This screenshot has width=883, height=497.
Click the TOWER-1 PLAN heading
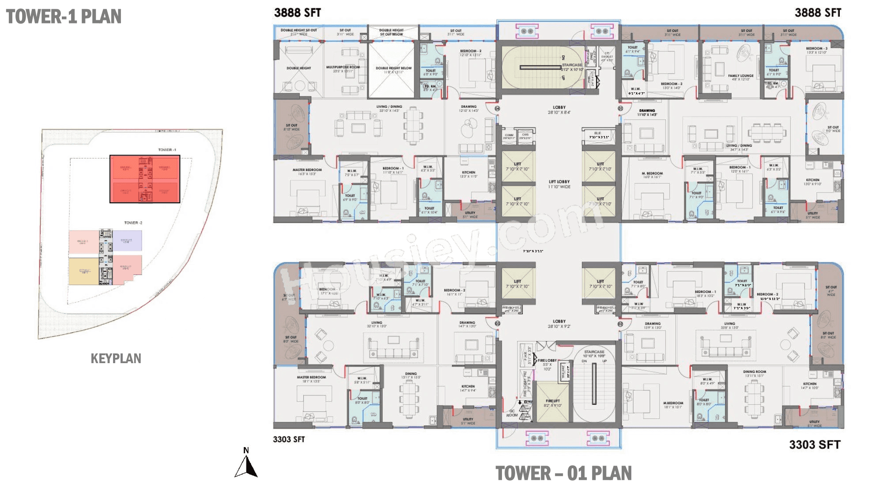pyautogui.click(x=64, y=16)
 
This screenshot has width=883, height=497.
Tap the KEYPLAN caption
pyautogui.click(x=116, y=358)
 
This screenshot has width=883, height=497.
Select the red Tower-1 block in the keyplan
pyautogui.click(x=145, y=179)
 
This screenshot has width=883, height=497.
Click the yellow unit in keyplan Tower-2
pyautogui.click(x=83, y=271)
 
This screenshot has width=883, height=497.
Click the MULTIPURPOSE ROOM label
pyautogui.click(x=343, y=68)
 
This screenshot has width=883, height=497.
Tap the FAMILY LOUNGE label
pyautogui.click(x=740, y=76)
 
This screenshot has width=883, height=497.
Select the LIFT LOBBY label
pyautogui.click(x=559, y=182)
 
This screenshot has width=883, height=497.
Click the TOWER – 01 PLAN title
pyautogui.click(x=563, y=474)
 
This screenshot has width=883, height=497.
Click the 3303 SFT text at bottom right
pyautogui.click(x=815, y=444)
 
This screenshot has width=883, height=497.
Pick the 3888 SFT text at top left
pyautogui.click(x=297, y=13)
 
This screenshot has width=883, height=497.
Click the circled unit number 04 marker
pyautogui.click(x=497, y=108)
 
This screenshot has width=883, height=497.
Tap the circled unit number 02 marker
pyautogui.click(x=620, y=324)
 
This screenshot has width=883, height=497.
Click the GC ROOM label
pyautogui.click(x=512, y=413)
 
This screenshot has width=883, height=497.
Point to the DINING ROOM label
pyautogui.click(x=755, y=372)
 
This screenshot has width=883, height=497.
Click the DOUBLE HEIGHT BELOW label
pyautogui.click(x=393, y=68)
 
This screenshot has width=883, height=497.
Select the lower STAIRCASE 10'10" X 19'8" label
pyautogui.click(x=594, y=353)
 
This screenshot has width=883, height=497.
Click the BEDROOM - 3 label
pyautogui.click(x=816, y=49)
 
